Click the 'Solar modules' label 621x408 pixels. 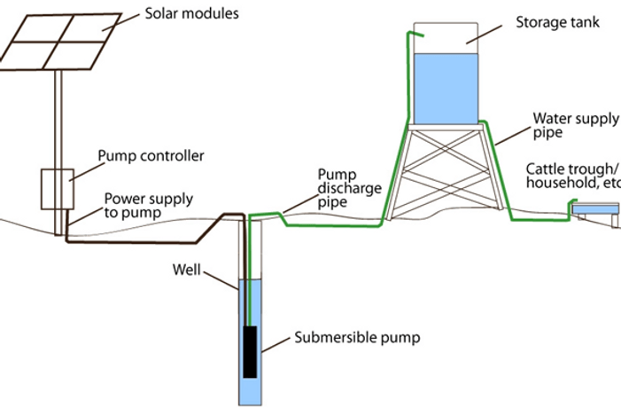[x=191, y=13]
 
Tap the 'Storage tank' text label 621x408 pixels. [x=557, y=22]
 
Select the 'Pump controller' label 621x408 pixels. [x=151, y=156]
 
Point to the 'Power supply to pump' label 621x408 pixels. [x=149, y=206]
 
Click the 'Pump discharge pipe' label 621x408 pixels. [x=350, y=188]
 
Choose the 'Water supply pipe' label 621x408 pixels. [x=576, y=125]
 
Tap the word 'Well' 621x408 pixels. [x=187, y=270]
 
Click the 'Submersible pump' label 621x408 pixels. [x=357, y=338]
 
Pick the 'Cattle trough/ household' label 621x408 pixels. [x=572, y=176]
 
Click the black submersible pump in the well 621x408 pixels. [x=250, y=352]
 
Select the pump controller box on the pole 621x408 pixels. [x=58, y=189]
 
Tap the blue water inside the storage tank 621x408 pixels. [x=446, y=89]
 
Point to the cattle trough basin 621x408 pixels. [x=595, y=209]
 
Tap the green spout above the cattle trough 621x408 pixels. [x=572, y=202]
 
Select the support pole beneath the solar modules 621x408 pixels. [x=58, y=153]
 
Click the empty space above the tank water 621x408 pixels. [x=446, y=38]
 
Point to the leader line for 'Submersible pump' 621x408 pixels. [x=276, y=345]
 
